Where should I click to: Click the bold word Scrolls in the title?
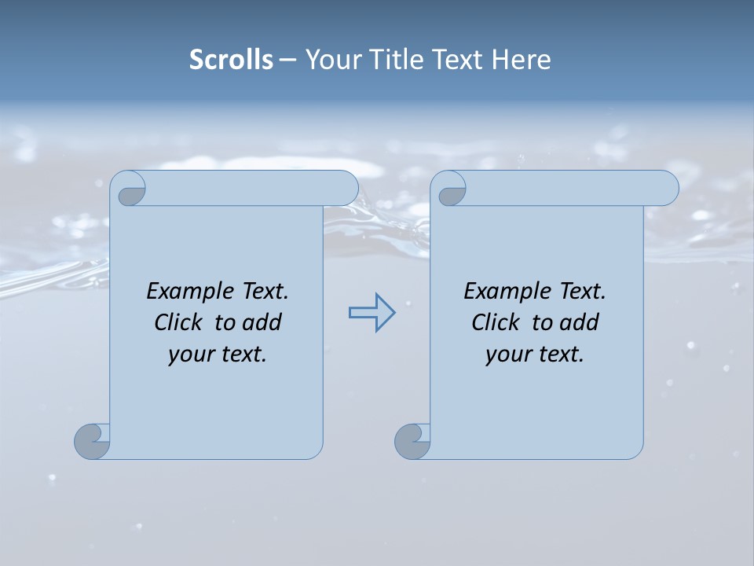(231, 60)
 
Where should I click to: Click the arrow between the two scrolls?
(372, 313)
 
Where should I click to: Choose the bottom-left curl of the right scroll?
(413, 440)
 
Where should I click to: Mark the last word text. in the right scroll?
(559, 355)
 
